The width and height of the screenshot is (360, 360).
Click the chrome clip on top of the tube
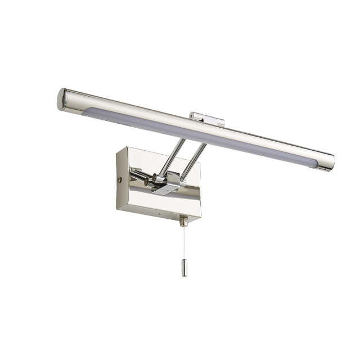206,118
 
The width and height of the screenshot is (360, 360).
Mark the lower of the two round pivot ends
147,183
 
